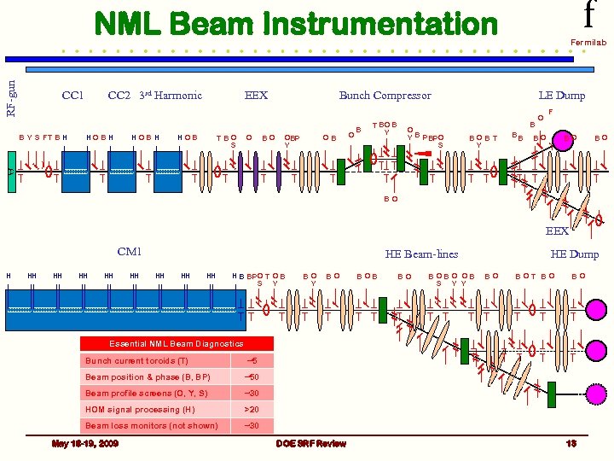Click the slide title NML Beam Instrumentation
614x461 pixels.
coord(295,24)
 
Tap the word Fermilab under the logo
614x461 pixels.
coord(588,41)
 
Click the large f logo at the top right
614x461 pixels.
coord(588,15)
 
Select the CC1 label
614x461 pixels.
coord(73,96)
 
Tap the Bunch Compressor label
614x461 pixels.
coord(385,96)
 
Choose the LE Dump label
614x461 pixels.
coord(561,96)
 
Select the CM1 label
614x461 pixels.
coord(129,252)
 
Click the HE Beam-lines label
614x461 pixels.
coord(421,254)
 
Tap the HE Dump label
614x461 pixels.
coord(574,254)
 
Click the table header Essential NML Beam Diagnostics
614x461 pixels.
coord(176,343)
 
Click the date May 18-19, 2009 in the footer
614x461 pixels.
coord(85,443)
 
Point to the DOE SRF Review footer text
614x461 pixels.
coord(311,443)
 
